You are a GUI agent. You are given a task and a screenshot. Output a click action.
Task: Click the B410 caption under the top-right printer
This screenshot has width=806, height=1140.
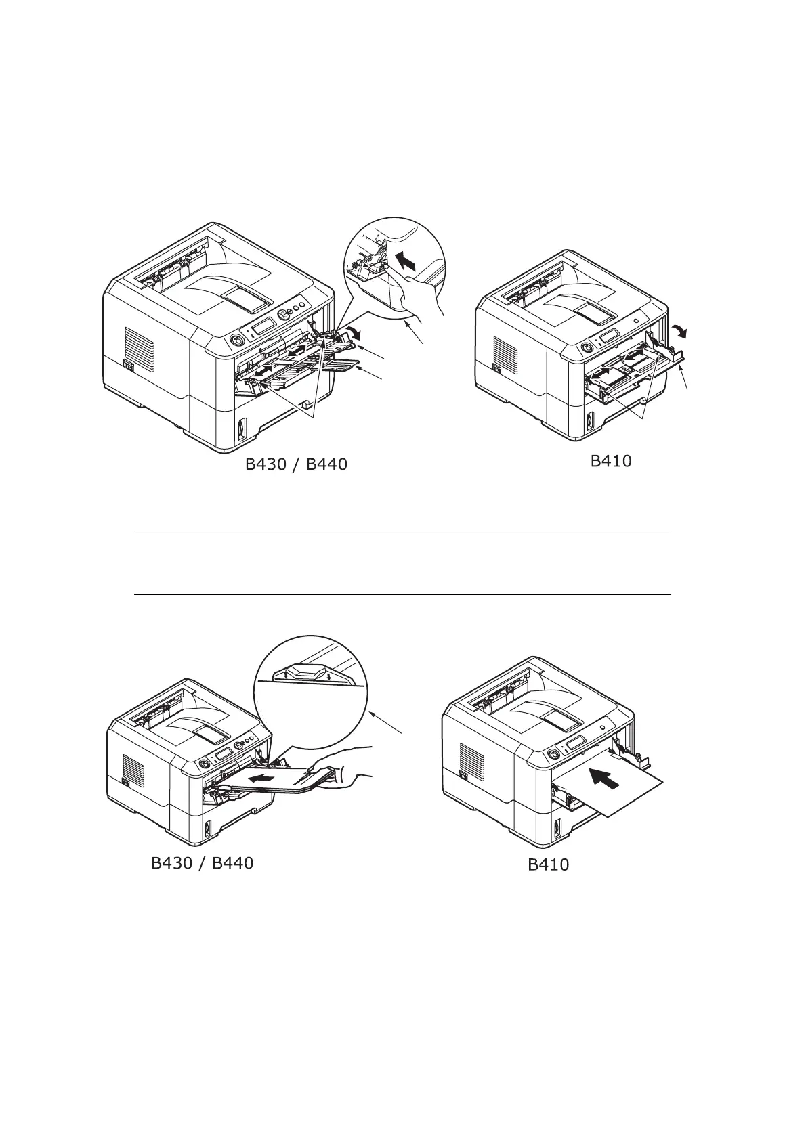pos(611,461)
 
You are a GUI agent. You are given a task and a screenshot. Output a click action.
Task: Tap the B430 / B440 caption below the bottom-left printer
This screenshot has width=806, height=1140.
pos(202,863)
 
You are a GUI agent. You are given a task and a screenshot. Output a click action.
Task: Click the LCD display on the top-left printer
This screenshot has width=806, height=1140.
pos(262,326)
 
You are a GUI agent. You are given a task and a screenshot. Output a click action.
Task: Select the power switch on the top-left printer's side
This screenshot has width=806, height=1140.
pos(127,366)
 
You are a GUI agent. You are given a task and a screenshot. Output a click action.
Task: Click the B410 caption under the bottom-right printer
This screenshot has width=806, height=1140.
pos(549,864)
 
